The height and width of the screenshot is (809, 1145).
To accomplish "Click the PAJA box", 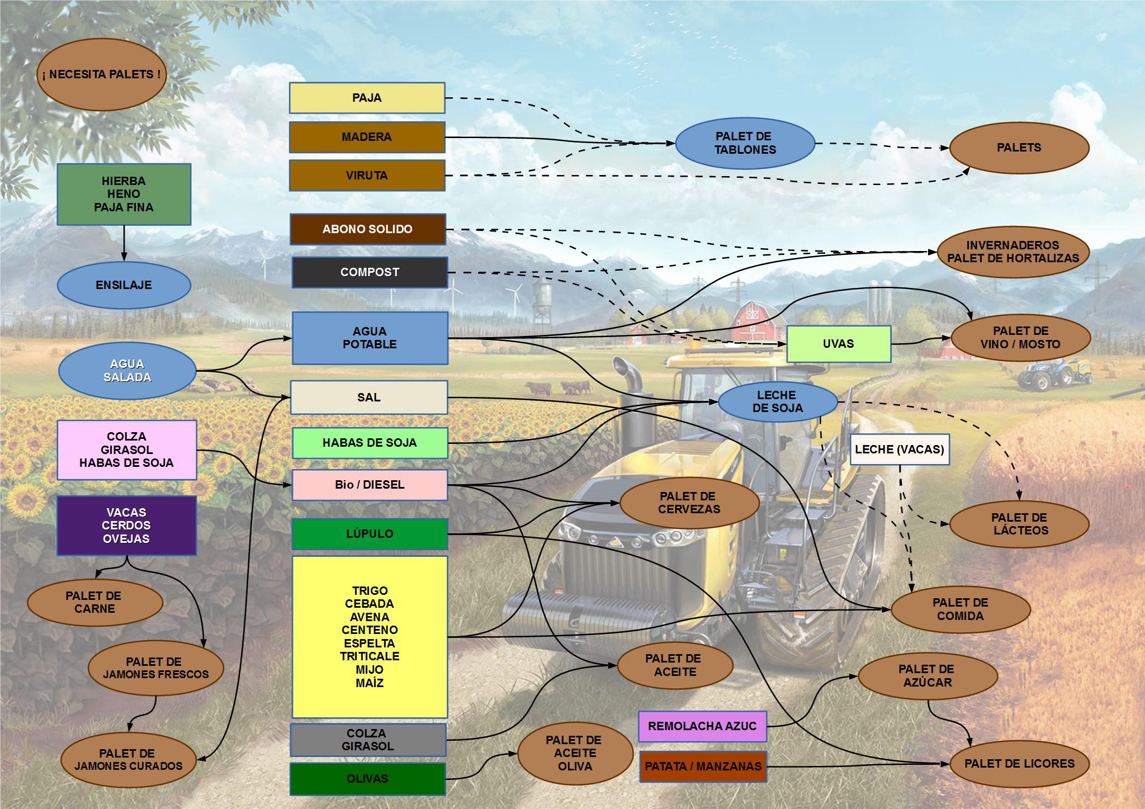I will pyautogui.click(x=367, y=98).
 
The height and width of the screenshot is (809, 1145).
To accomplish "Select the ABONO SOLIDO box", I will pyautogui.click(x=367, y=229).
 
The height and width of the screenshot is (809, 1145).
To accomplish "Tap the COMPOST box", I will pyautogui.click(x=370, y=272).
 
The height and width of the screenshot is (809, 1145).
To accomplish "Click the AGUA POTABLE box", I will pyautogui.click(x=370, y=338).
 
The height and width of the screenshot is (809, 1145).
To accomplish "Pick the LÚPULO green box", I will pyautogui.click(x=370, y=533).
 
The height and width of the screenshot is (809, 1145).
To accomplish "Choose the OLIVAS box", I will pyautogui.click(x=367, y=778).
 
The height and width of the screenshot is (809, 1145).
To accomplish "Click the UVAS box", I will pyautogui.click(x=838, y=343).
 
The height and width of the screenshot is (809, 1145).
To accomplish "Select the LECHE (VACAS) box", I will pyautogui.click(x=899, y=449).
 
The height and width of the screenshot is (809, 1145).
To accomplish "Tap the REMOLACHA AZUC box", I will pyautogui.click(x=702, y=726).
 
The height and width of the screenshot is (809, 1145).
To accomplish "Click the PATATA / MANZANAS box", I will pyautogui.click(x=703, y=766).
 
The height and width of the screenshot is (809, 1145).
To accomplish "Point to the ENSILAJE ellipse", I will pyautogui.click(x=124, y=285).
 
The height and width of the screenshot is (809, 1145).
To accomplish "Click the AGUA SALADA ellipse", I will pyautogui.click(x=127, y=370).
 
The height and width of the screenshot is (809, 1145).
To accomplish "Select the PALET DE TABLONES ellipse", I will pyautogui.click(x=745, y=143).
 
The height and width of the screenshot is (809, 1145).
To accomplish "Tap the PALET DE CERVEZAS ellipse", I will pyautogui.click(x=689, y=503).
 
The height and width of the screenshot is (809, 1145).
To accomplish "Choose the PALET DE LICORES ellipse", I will pyautogui.click(x=1019, y=764).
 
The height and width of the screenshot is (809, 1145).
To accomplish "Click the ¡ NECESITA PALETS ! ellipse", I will pyautogui.click(x=101, y=74).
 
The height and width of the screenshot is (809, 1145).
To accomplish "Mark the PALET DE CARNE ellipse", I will pyautogui.click(x=94, y=602).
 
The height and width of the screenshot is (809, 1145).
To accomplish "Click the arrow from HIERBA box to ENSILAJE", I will pyautogui.click(x=124, y=244).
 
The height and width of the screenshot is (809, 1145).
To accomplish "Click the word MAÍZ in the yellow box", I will pyautogui.click(x=370, y=683).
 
